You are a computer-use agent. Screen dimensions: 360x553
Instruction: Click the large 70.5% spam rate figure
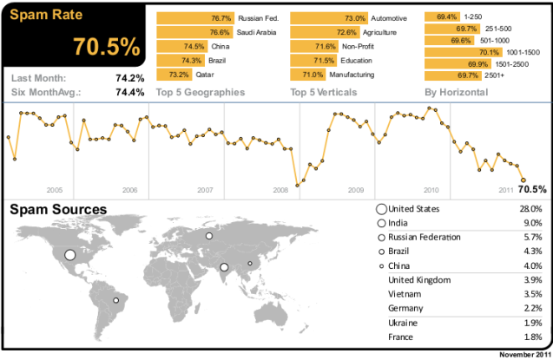point(107,46)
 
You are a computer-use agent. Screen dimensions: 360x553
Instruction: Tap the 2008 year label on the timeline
point(280,189)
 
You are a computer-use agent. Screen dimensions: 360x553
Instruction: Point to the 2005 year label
point(54,189)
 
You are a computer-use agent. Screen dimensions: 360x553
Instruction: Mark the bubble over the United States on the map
point(70,256)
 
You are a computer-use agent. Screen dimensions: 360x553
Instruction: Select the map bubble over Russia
point(208,235)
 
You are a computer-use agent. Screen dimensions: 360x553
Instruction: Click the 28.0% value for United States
point(530,209)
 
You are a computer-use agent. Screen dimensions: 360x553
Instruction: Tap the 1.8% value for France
point(532,337)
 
